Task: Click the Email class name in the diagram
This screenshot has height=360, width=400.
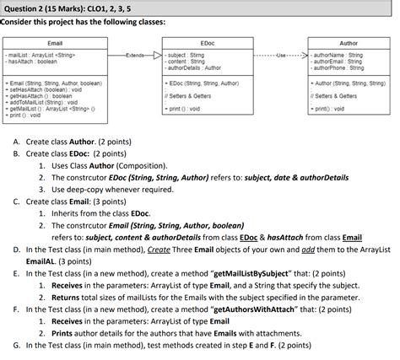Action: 56,42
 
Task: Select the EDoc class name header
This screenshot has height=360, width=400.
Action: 207,42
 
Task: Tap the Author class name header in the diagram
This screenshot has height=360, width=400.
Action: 348,42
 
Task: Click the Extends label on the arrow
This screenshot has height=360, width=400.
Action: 136,56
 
